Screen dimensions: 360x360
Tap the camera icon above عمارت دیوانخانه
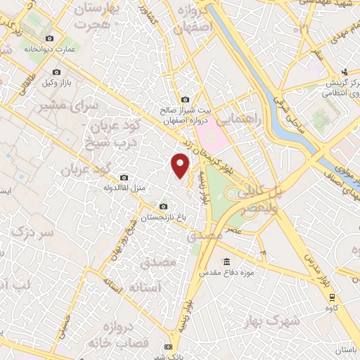click(49, 38)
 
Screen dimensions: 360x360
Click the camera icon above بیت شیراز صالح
click(185, 101)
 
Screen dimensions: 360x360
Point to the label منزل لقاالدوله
click(124, 188)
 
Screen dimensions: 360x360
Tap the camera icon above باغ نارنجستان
click(164, 207)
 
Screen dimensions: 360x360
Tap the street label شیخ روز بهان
click(121, 239)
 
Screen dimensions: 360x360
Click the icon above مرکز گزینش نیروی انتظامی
click(345, 71)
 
